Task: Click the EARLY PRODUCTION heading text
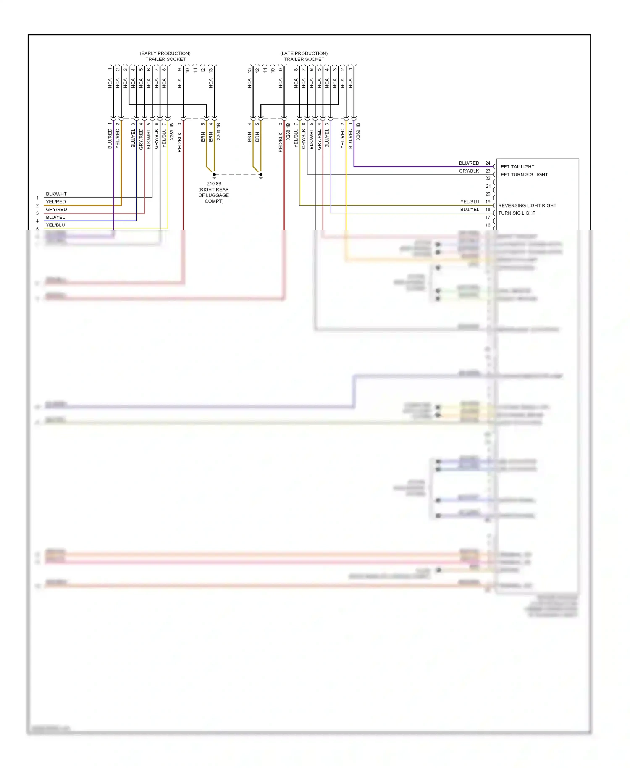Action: (165, 53)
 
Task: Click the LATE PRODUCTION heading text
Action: (304, 53)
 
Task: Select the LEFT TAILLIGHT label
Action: (516, 167)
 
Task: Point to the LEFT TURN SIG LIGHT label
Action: (523, 174)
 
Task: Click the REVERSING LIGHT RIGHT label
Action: (527, 205)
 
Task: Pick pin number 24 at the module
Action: (488, 163)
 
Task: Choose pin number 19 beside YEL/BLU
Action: (488, 202)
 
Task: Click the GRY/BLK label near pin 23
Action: (469, 171)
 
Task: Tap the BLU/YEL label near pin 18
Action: (469, 210)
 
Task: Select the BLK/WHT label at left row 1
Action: (56, 194)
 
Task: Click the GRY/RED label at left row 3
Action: (56, 210)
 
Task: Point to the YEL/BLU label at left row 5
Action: (55, 225)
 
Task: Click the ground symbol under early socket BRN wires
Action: (214, 175)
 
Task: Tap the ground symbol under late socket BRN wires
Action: (261, 175)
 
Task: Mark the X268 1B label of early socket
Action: (218, 132)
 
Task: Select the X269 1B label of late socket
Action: (358, 132)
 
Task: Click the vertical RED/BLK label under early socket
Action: (180, 142)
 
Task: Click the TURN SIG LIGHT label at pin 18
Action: (517, 213)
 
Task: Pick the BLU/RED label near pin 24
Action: (469, 163)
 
